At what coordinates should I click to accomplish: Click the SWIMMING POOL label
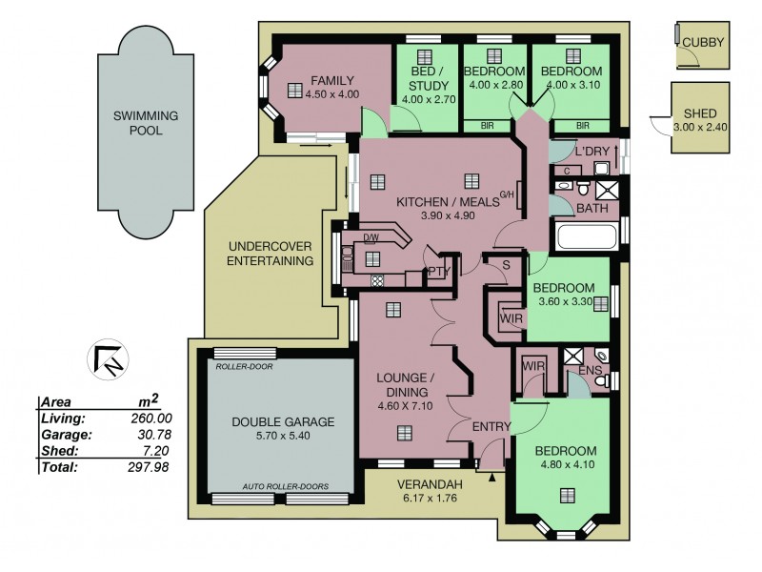(x=146, y=123)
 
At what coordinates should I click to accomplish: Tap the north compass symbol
(x=108, y=359)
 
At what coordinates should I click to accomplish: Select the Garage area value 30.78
(x=154, y=435)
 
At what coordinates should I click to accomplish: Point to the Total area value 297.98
(x=149, y=467)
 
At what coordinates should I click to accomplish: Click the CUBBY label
(x=703, y=42)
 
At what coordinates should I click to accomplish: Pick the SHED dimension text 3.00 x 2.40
(x=700, y=128)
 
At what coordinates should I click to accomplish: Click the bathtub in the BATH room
(x=587, y=236)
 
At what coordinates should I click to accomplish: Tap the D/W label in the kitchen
(x=371, y=237)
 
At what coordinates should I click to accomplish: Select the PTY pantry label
(x=439, y=272)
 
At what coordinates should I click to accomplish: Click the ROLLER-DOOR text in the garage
(x=244, y=366)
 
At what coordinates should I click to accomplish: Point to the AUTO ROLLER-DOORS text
(x=286, y=486)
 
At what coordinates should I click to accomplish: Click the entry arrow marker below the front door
(x=492, y=478)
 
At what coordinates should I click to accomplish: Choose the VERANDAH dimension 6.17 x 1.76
(x=430, y=498)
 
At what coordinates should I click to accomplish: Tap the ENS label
(x=590, y=371)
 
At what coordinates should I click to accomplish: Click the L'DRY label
(x=592, y=152)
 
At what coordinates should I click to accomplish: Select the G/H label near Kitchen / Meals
(x=507, y=194)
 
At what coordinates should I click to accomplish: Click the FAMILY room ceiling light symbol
(x=295, y=91)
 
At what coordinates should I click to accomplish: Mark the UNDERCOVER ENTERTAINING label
(x=271, y=254)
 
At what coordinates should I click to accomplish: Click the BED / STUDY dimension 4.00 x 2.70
(x=428, y=100)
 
